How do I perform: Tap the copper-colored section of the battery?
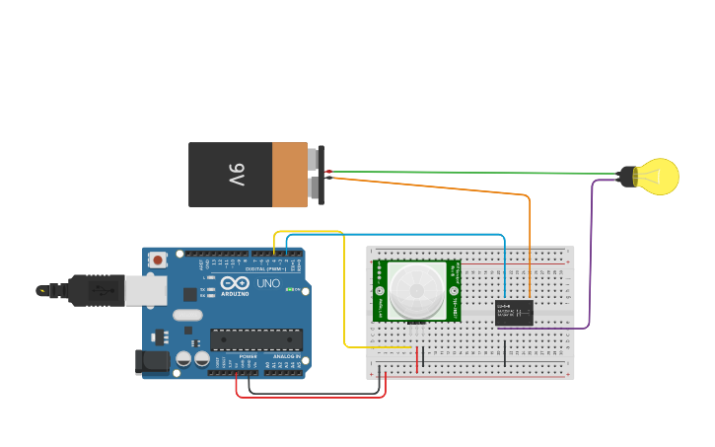(289, 175)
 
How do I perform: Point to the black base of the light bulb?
(628, 177)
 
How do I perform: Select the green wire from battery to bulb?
(473, 173)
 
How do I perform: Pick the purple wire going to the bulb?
(591, 257)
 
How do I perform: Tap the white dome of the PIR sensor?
(415, 290)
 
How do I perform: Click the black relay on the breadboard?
(514, 313)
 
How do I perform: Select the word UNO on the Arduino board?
(268, 283)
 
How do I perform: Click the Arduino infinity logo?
(235, 283)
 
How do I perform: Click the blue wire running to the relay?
(394, 235)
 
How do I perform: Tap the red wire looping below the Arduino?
(311, 397)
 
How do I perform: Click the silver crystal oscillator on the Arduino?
(187, 316)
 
